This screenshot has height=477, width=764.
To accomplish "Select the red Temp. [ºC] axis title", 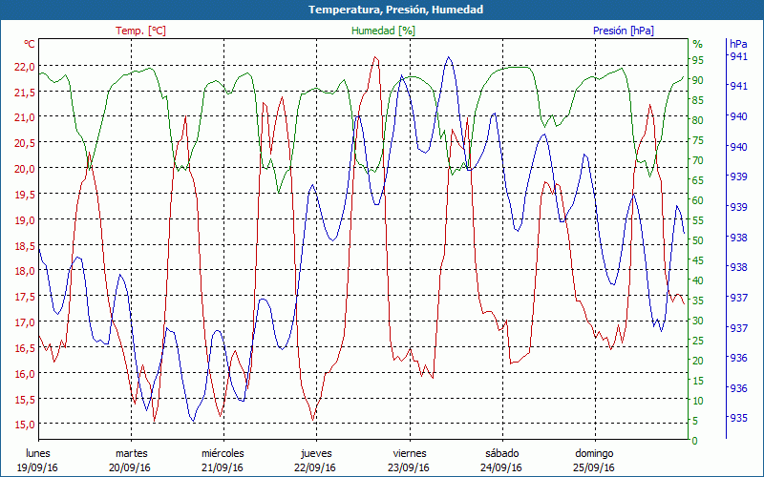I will pyautogui.click(x=140, y=31).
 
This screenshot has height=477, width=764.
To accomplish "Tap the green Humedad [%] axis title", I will pyautogui.click(x=384, y=31).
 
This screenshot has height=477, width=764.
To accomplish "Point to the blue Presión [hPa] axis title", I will pyautogui.click(x=624, y=31).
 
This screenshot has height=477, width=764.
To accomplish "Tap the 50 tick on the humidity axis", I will pyautogui.click(x=698, y=240).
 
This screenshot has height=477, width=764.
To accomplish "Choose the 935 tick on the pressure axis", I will pyautogui.click(x=738, y=418).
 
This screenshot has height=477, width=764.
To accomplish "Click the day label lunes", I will pyautogui.click(x=38, y=453).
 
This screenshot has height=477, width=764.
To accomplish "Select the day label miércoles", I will pyautogui.click(x=223, y=453).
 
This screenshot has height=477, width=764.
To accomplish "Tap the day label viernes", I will pyautogui.click(x=409, y=453).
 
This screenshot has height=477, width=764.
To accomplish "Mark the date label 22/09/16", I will pyautogui.click(x=316, y=467).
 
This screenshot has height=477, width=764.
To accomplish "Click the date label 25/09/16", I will pyautogui.click(x=594, y=467).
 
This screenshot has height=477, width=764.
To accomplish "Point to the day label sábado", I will pyautogui.click(x=501, y=453).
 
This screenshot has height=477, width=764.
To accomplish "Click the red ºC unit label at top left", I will pyautogui.click(x=29, y=44).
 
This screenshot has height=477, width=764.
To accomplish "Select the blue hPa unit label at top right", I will pyautogui.click(x=738, y=44).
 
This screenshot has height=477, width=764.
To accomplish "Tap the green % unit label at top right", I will pyautogui.click(x=697, y=44).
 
